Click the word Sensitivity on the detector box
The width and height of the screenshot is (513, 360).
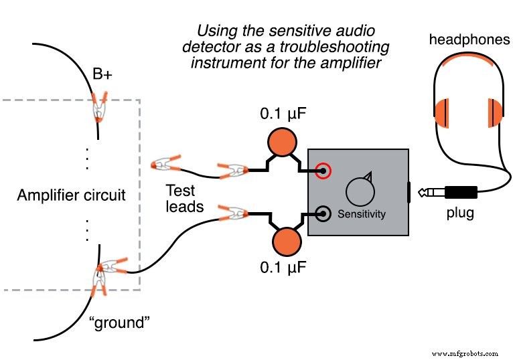362,214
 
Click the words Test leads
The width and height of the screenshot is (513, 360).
184,199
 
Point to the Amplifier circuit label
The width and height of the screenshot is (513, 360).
72,195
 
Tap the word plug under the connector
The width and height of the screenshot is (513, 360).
460,213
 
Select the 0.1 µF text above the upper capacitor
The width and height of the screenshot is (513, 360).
283,113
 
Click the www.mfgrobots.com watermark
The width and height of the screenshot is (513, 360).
465,353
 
